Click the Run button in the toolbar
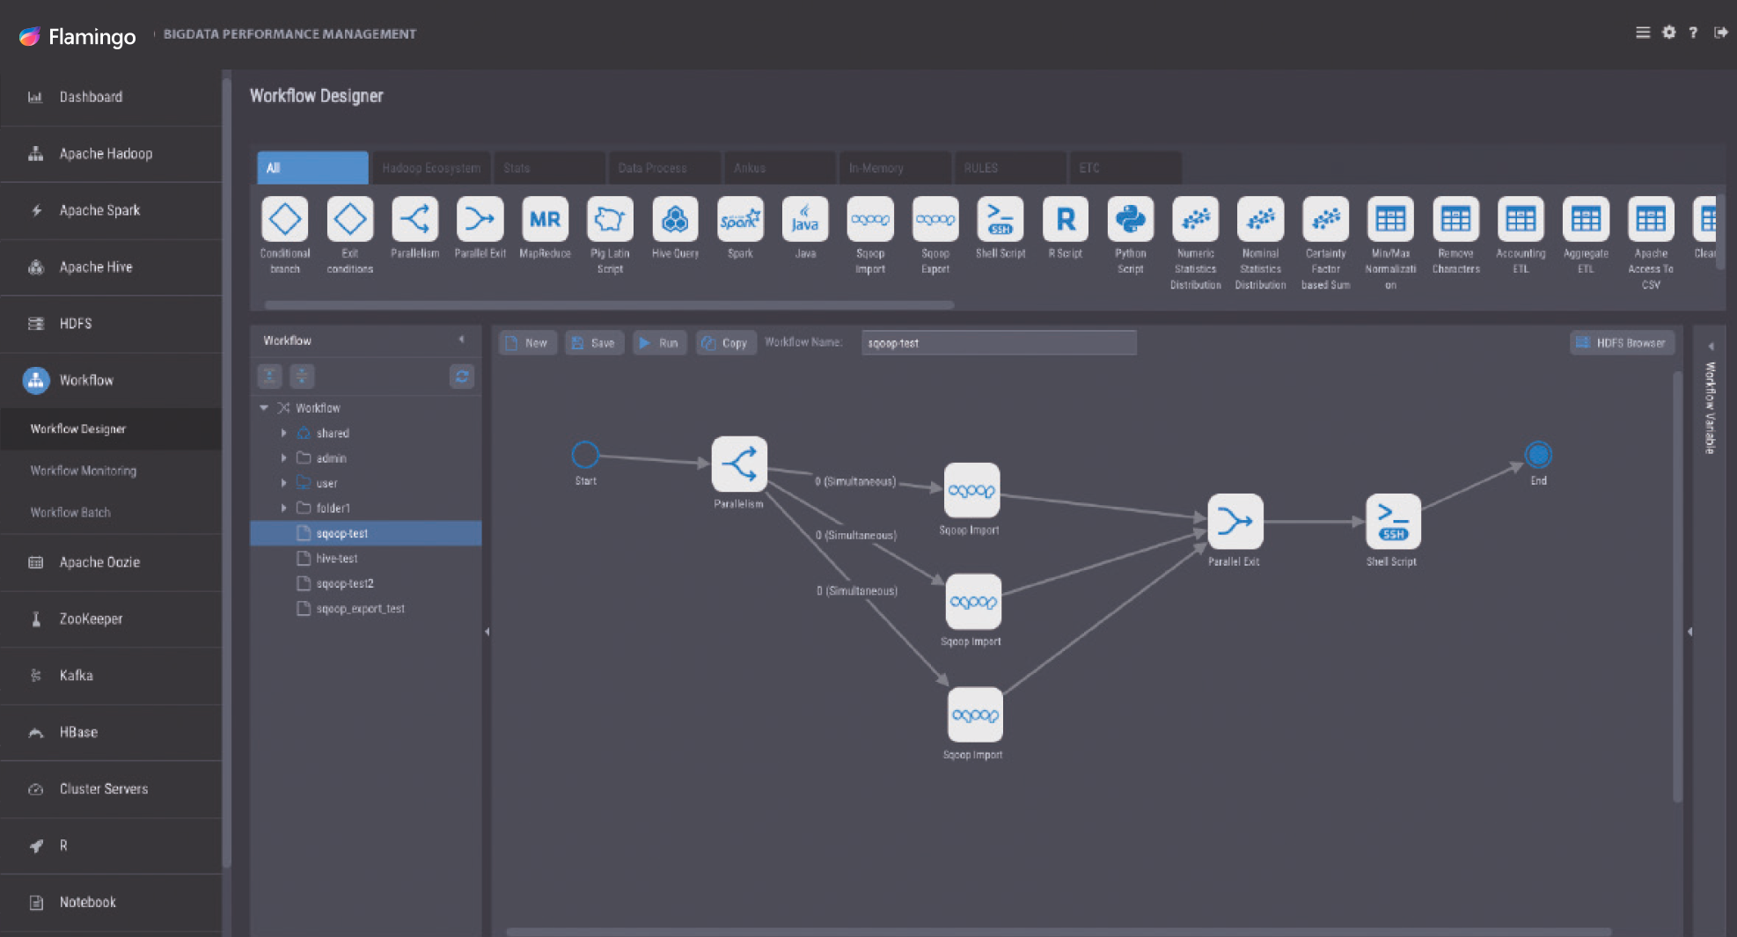coord(659,343)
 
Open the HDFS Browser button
coord(1622,343)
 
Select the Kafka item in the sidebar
coord(77,676)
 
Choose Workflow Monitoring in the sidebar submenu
coord(84,471)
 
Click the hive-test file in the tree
coord(337,559)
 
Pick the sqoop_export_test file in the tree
coord(360,609)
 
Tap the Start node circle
coord(585,455)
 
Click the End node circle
coord(1538,455)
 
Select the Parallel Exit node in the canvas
coord(1235,522)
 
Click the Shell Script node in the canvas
coord(1392,522)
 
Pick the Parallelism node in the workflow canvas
coord(739,465)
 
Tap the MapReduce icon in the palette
coord(545,220)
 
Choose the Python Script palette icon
coord(1130,220)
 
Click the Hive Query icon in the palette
coord(675,220)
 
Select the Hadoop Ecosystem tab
coord(431,168)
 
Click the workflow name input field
coord(998,343)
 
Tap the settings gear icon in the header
coord(1668,33)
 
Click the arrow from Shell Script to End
coord(1472,486)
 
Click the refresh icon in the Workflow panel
coord(462,377)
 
